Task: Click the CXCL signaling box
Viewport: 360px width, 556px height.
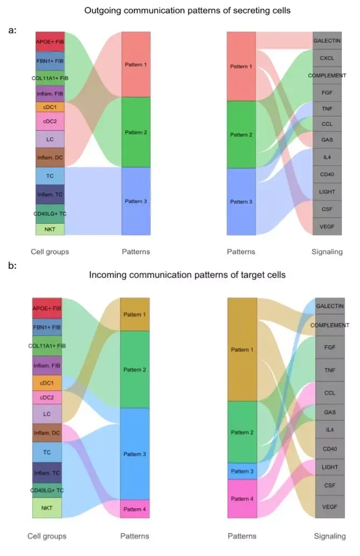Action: [327, 58]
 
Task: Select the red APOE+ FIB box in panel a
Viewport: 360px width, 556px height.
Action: [50, 41]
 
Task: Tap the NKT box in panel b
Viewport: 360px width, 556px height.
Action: [47, 508]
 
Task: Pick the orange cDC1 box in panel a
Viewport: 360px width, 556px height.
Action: [50, 108]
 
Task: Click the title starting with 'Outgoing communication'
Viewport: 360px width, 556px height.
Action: [179, 10]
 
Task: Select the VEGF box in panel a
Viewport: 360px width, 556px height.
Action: [327, 226]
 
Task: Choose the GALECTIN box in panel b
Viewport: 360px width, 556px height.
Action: [330, 305]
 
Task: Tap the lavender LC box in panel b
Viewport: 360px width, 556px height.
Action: [47, 414]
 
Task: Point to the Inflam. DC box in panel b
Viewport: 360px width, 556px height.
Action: [47, 433]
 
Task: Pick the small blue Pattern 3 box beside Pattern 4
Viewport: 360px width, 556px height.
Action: [242, 471]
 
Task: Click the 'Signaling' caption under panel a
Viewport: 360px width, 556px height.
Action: [327, 252]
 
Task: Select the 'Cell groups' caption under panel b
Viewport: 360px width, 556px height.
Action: [47, 536]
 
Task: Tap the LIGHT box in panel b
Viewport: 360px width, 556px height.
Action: [330, 467]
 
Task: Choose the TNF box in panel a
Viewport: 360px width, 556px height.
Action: [327, 108]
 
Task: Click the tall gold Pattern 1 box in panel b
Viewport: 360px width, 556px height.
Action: [242, 350]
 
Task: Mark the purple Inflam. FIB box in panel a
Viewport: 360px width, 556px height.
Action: [50, 94]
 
